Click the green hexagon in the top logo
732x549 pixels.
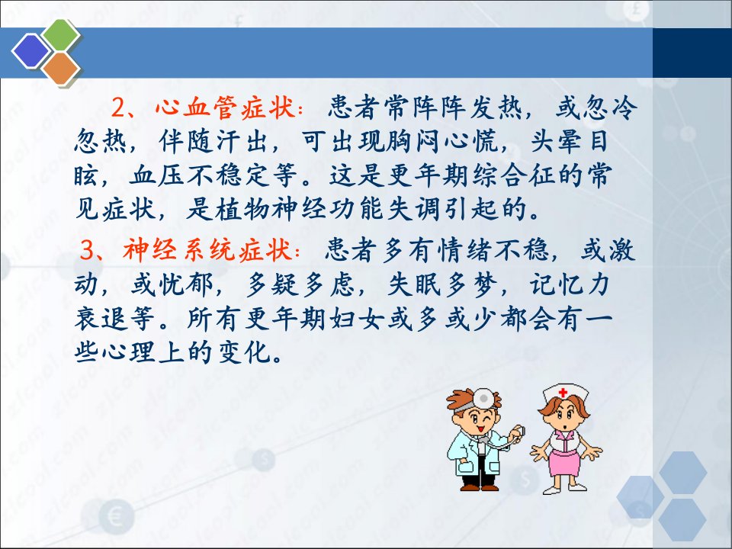point(61,34)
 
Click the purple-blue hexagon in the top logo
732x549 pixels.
point(30,51)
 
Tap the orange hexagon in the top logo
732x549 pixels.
point(61,68)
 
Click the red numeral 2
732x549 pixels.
point(119,108)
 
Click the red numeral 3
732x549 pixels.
point(87,250)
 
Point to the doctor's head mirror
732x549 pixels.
point(483,399)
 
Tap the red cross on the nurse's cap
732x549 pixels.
point(563,392)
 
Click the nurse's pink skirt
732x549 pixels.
point(564,461)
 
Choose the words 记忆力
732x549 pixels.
point(570,284)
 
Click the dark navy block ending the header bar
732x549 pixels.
point(692,53)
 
